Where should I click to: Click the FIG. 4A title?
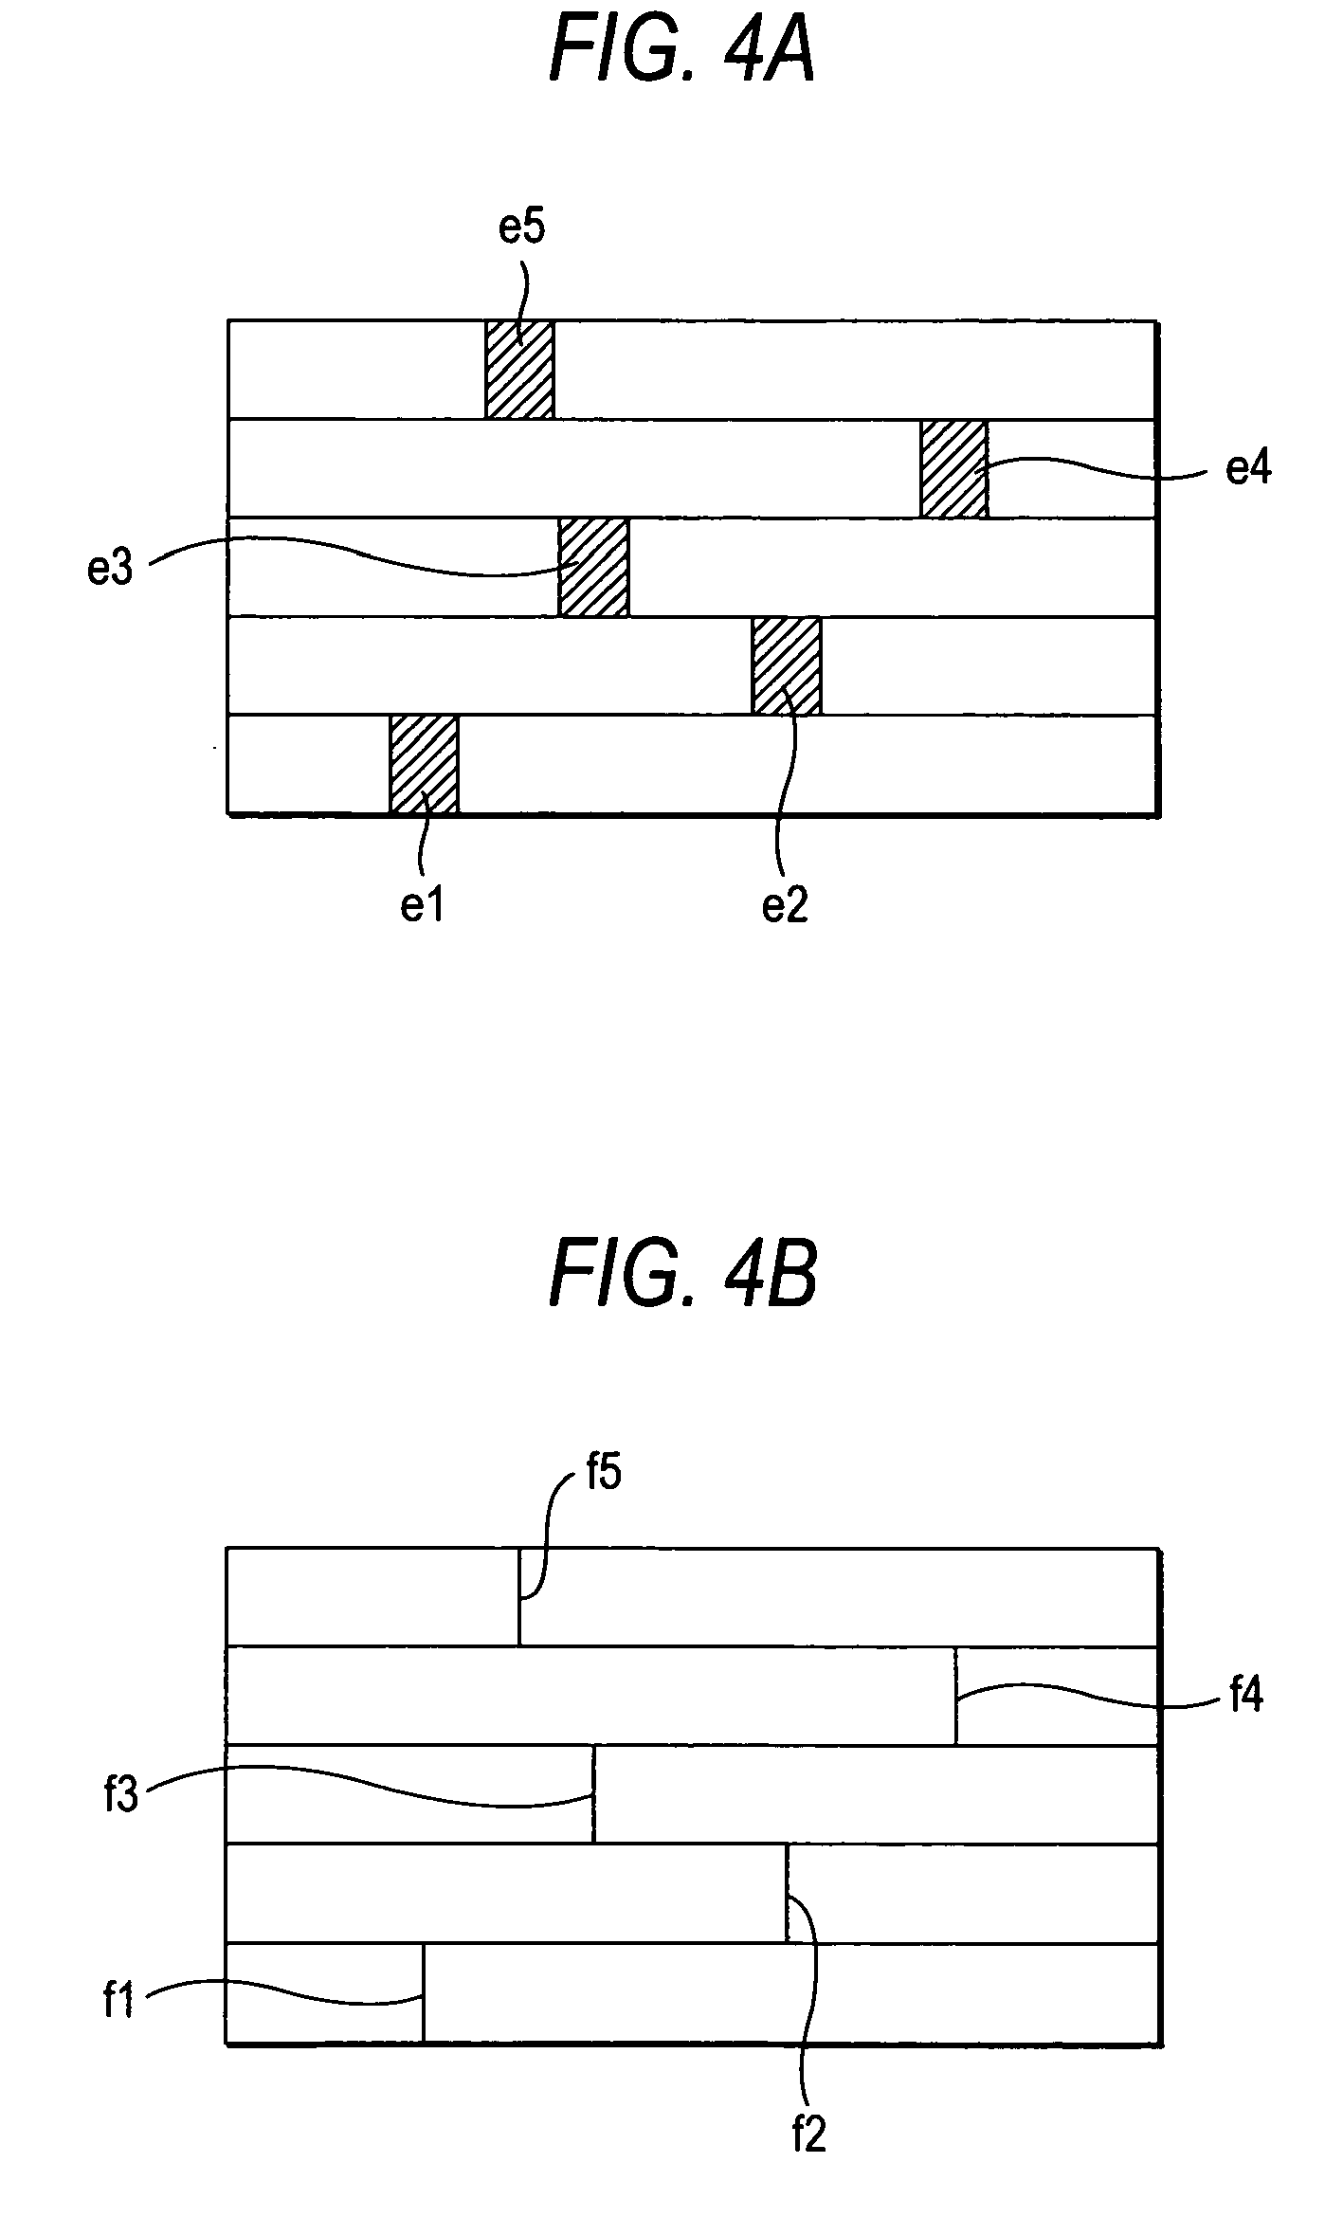pos(682,55)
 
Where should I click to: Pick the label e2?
pos(786,906)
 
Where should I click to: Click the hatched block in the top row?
pos(519,370)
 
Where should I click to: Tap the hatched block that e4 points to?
pos(953,468)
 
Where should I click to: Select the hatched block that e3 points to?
pos(593,568)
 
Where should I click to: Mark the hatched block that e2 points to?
pos(787,665)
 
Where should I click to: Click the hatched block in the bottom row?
pos(424,764)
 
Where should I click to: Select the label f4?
pos(1245,1694)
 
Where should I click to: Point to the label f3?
pos(121,1795)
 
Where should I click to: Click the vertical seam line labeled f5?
pos(519,1597)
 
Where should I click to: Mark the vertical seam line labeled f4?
pos(955,1696)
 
